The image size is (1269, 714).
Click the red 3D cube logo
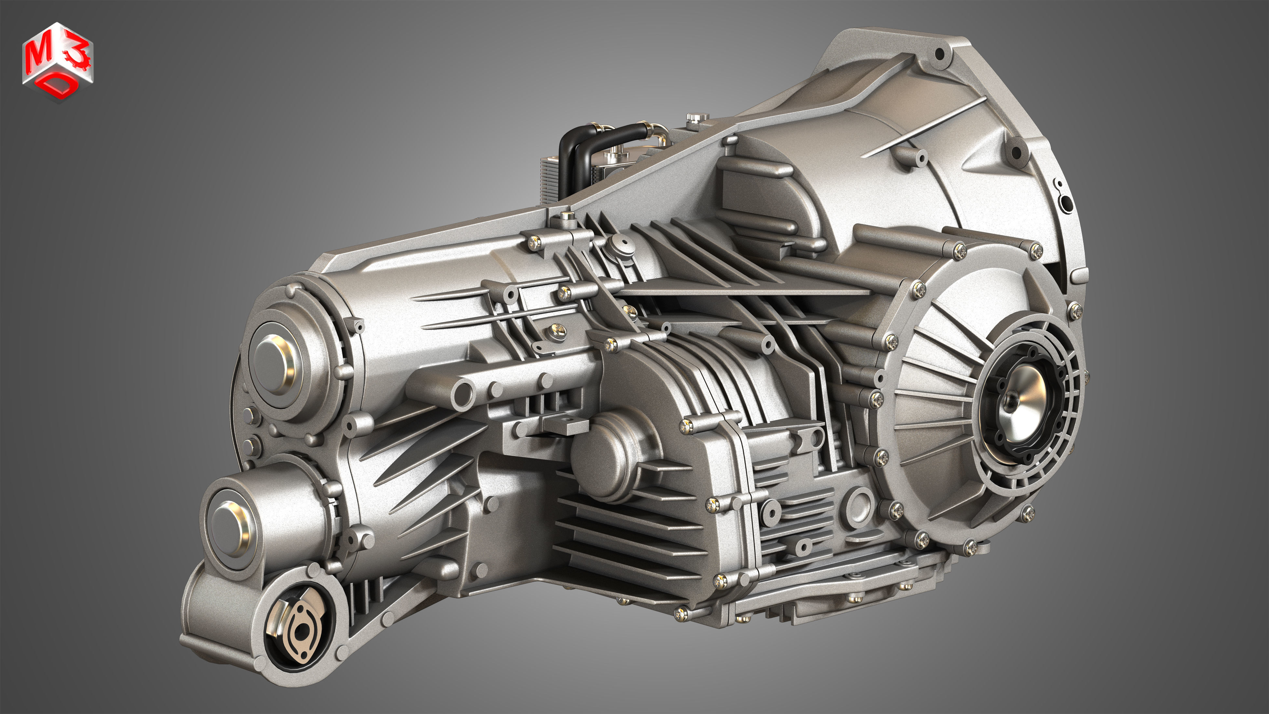point(58,62)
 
